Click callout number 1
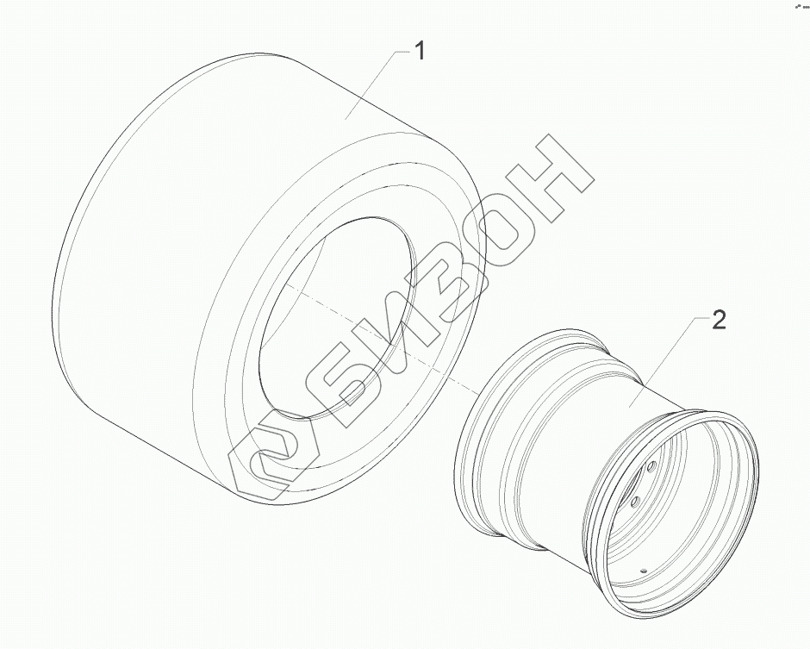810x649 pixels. pos(421,52)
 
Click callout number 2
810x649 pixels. pos(719,321)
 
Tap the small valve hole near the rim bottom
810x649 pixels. pos(644,571)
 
